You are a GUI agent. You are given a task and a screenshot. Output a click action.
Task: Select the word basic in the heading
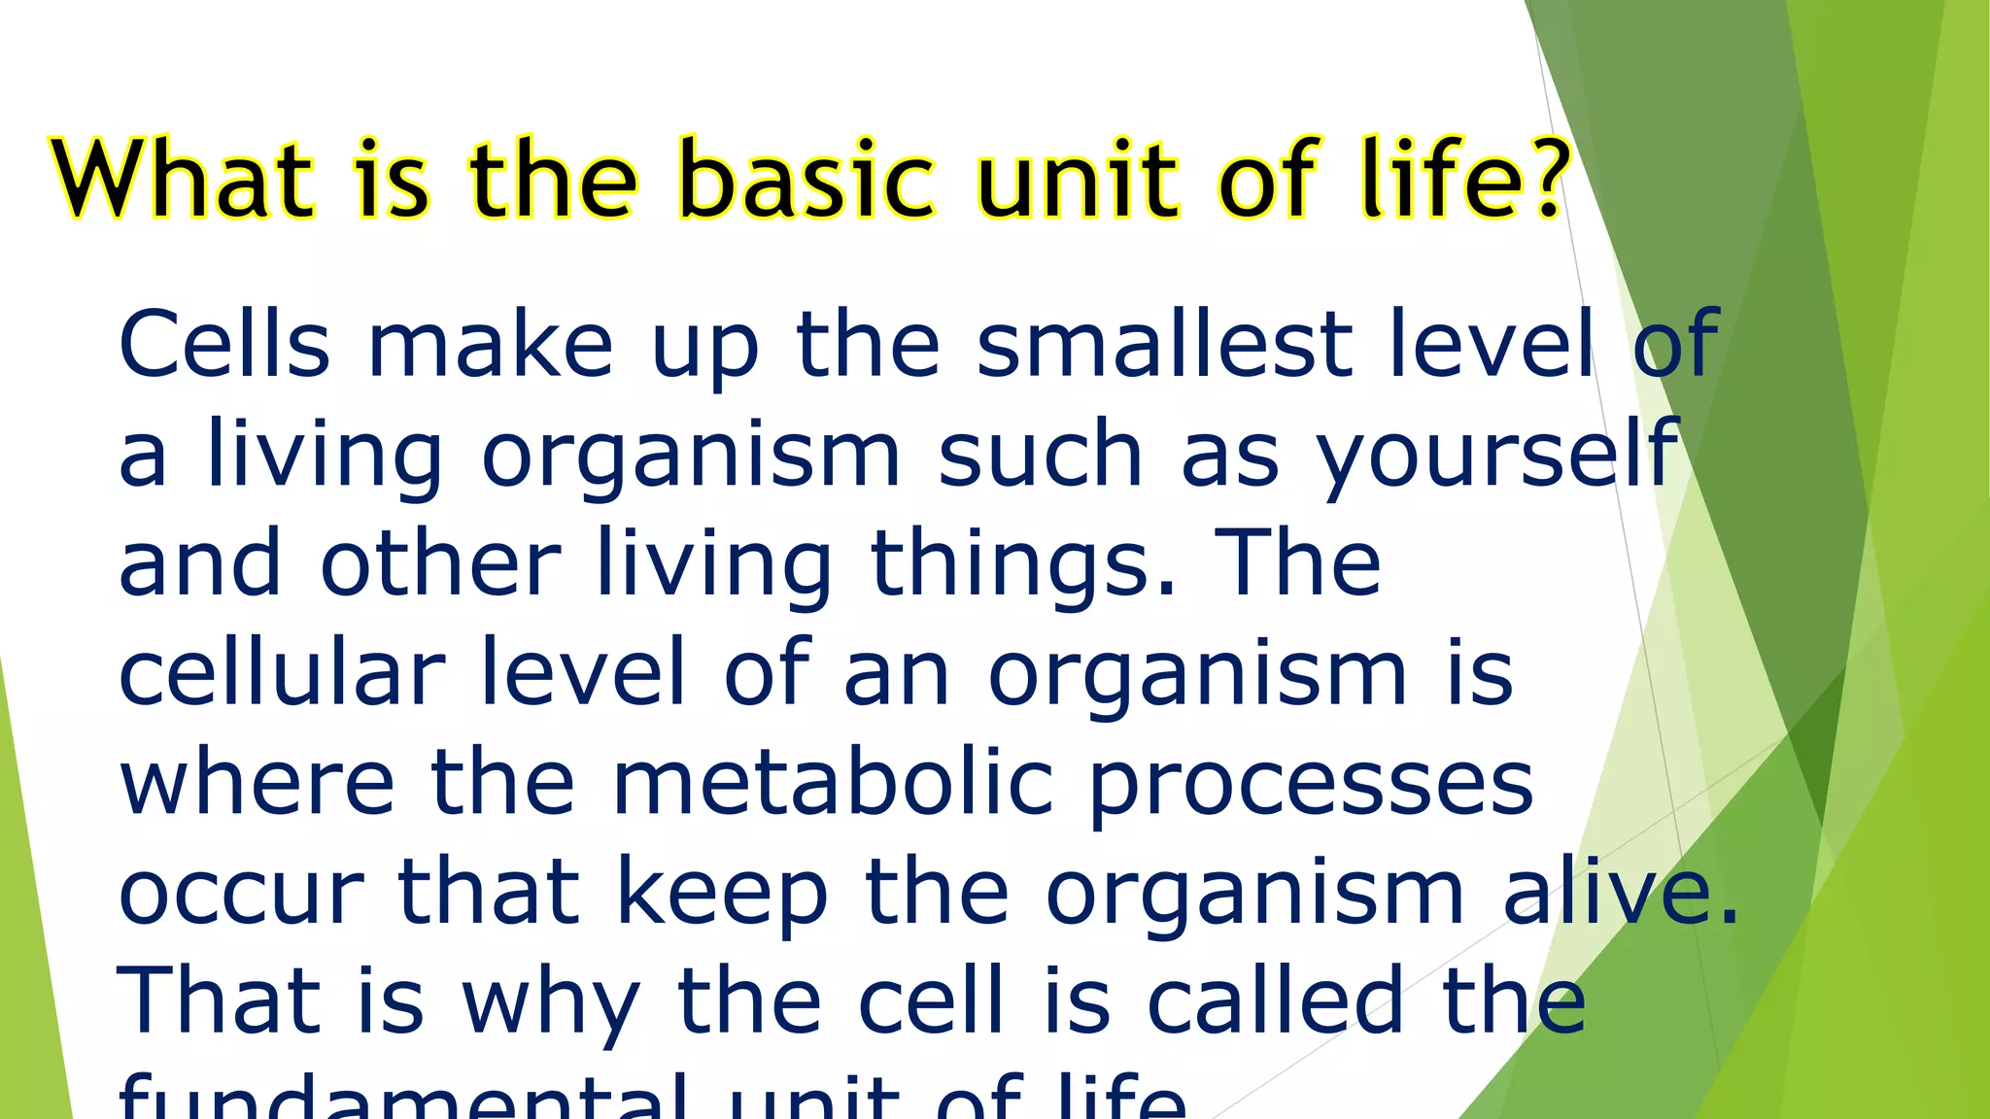coord(806,180)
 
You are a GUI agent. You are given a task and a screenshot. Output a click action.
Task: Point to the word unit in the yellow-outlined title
coord(1080,180)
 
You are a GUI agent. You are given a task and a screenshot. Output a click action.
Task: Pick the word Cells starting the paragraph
coord(224,344)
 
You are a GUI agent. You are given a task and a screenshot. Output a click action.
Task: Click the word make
coord(491,344)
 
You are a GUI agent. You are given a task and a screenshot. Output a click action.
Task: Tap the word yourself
coord(1496,455)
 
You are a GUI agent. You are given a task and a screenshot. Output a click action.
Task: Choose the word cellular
coord(282,672)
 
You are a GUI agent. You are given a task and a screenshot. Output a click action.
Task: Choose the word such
coord(1040,455)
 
